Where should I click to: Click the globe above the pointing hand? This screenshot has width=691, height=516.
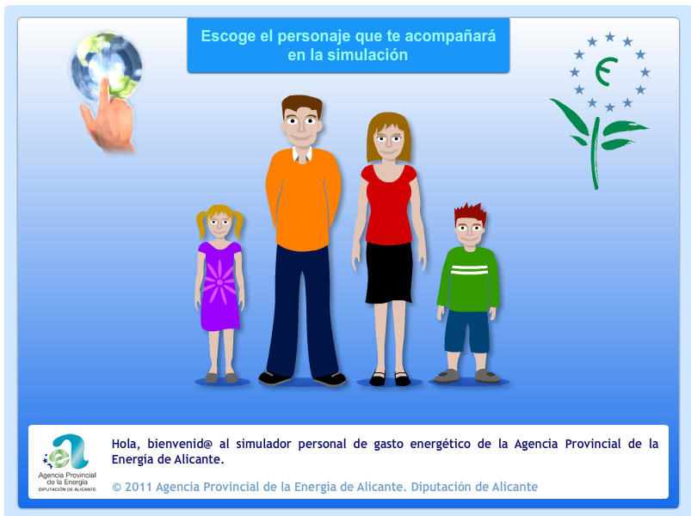click(107, 65)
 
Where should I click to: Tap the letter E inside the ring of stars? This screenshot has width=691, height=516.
click(606, 71)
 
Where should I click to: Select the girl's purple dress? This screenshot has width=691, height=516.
click(219, 286)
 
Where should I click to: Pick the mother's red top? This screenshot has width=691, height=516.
click(389, 205)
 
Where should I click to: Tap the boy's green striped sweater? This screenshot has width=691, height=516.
click(469, 279)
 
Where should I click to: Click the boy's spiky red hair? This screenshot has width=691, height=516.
click(470, 214)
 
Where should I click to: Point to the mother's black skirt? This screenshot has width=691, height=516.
click(389, 273)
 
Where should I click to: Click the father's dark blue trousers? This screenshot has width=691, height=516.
click(302, 311)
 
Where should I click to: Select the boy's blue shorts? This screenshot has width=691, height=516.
click(467, 331)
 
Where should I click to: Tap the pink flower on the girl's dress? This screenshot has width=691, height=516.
click(219, 282)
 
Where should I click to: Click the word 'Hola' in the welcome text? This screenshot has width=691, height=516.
click(125, 444)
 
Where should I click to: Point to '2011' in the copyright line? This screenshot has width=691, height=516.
click(138, 487)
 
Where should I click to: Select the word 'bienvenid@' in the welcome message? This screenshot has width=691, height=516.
click(180, 444)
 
